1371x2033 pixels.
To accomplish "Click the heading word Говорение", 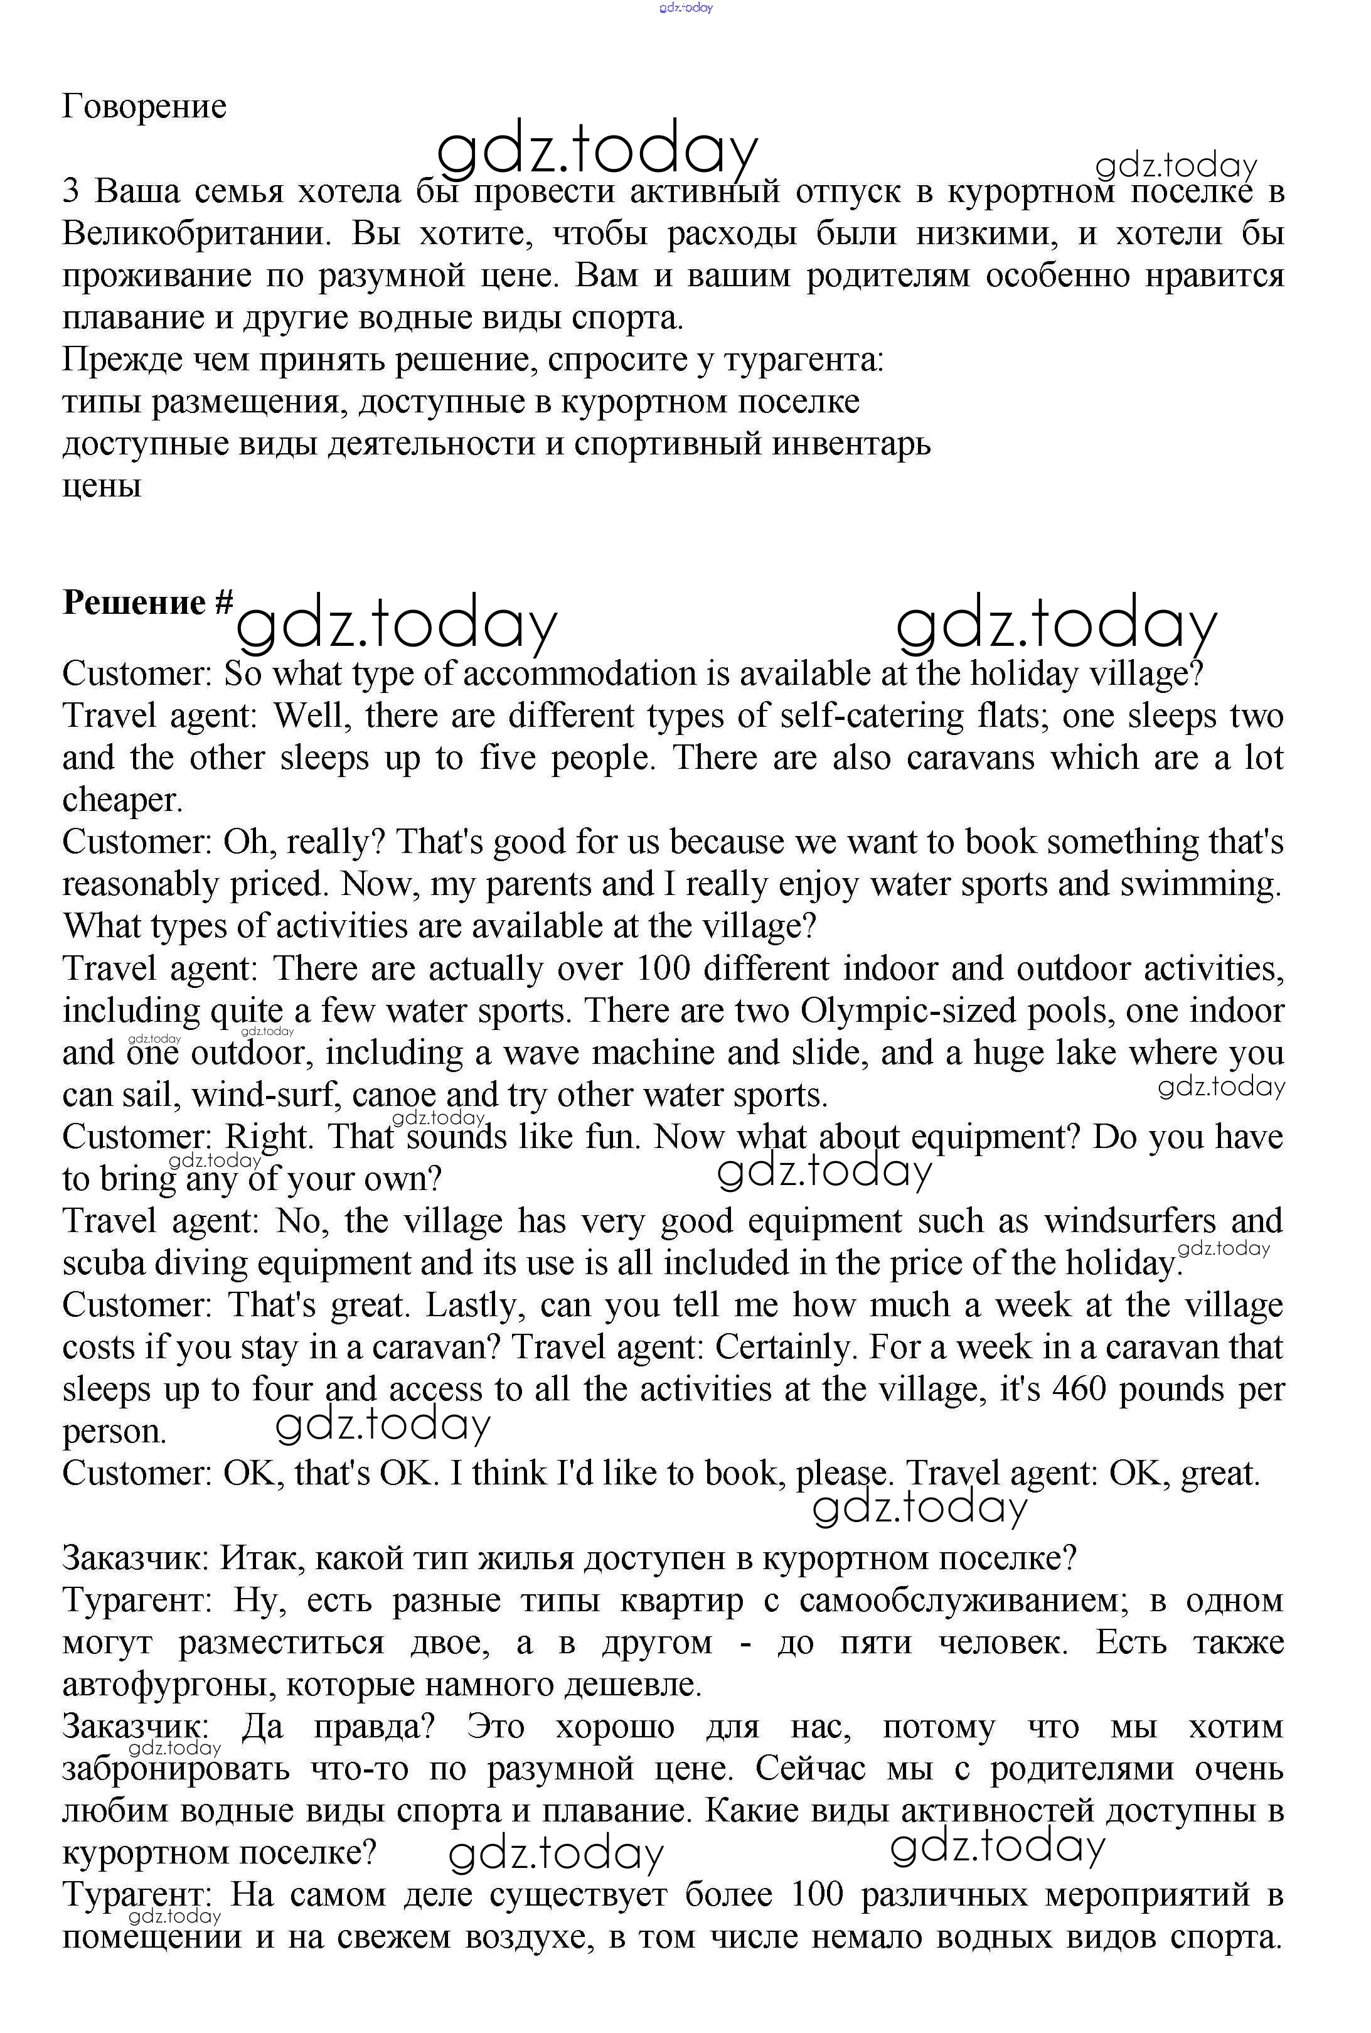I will click(x=144, y=107).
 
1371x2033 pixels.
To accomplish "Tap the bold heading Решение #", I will click(x=147, y=603).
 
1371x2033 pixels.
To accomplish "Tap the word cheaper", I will click(x=122, y=800).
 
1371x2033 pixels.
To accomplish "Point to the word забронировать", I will click(x=176, y=1768).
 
